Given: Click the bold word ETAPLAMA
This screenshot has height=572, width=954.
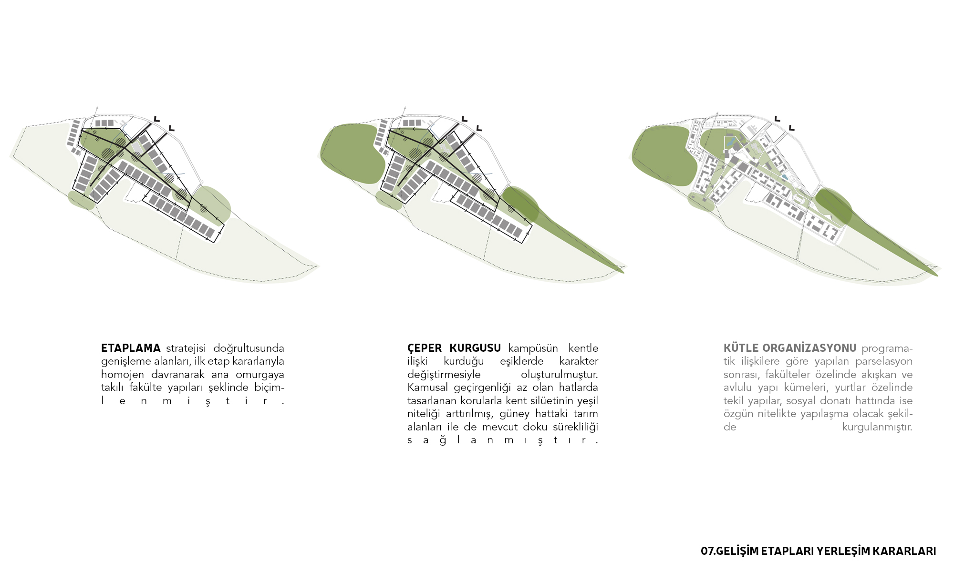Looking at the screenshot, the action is coord(131,348).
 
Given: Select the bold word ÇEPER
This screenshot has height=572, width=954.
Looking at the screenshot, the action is coord(425,348).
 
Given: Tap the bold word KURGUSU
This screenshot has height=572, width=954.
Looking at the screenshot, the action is coord(475,348).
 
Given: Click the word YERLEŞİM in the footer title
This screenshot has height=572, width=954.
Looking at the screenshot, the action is coord(842,551).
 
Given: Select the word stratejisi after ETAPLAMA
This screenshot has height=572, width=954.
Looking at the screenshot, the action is coord(186,348).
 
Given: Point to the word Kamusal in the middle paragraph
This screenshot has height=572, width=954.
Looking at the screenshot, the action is coord(425,388).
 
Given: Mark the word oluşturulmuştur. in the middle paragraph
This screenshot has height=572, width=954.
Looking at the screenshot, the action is coord(559,375).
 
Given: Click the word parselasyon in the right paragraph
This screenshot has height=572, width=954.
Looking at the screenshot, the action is coord(884,361).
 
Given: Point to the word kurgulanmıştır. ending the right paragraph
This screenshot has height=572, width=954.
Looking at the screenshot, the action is coord(877,427).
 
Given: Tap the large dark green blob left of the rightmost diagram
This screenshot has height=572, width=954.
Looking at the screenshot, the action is coord(664,155).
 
